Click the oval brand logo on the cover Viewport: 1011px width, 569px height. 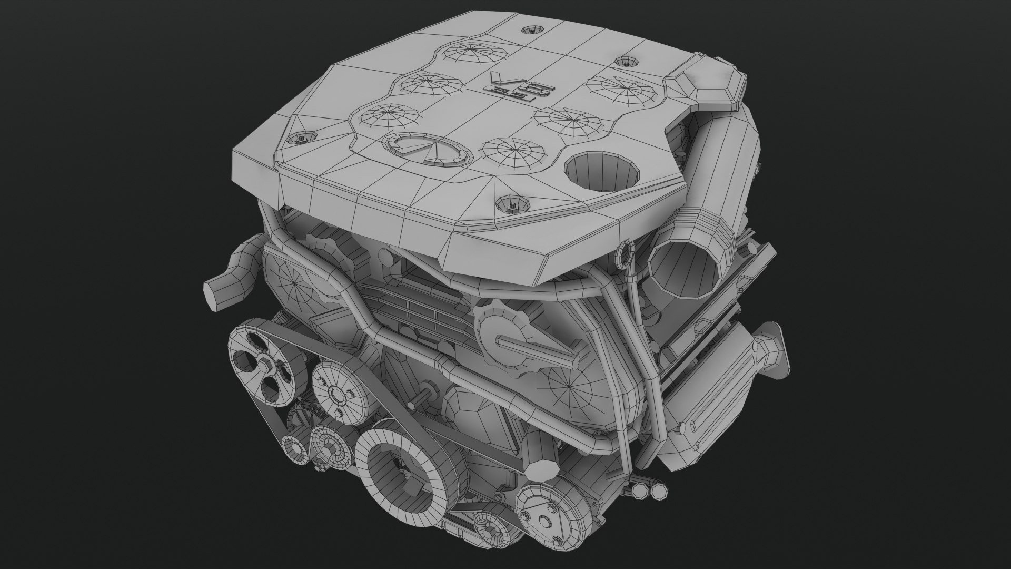click(x=427, y=149)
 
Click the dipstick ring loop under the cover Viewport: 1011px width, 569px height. click(x=622, y=252)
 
